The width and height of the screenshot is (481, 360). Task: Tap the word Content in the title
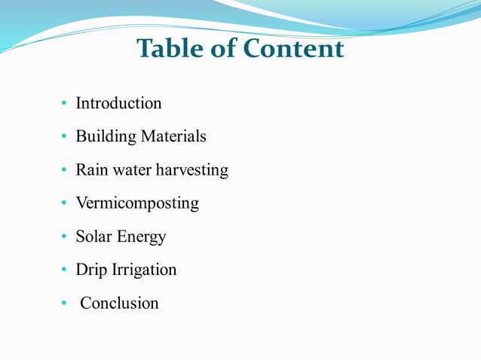pyautogui.click(x=294, y=50)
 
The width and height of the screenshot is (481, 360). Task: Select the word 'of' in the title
pyautogui.click(x=225, y=50)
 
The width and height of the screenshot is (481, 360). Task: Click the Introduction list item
pyautogui.click(x=118, y=103)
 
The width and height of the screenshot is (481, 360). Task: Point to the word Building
pyautogui.click(x=106, y=137)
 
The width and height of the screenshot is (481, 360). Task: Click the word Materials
pyautogui.click(x=174, y=137)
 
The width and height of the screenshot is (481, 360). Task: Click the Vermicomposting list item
pyautogui.click(x=137, y=203)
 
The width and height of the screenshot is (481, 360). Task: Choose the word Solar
pyautogui.click(x=93, y=236)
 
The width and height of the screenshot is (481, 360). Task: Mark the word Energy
pyautogui.click(x=141, y=237)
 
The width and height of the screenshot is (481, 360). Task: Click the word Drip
pyautogui.click(x=91, y=270)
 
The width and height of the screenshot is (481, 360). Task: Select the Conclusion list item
pyautogui.click(x=119, y=303)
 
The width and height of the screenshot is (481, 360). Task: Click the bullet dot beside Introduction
pyautogui.click(x=65, y=104)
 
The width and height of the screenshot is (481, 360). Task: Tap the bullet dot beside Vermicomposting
pyautogui.click(x=65, y=204)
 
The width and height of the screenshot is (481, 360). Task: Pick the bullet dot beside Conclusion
pyautogui.click(x=65, y=304)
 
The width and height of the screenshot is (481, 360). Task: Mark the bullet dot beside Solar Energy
pyautogui.click(x=65, y=237)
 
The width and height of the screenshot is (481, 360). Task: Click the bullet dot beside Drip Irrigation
pyautogui.click(x=65, y=270)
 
